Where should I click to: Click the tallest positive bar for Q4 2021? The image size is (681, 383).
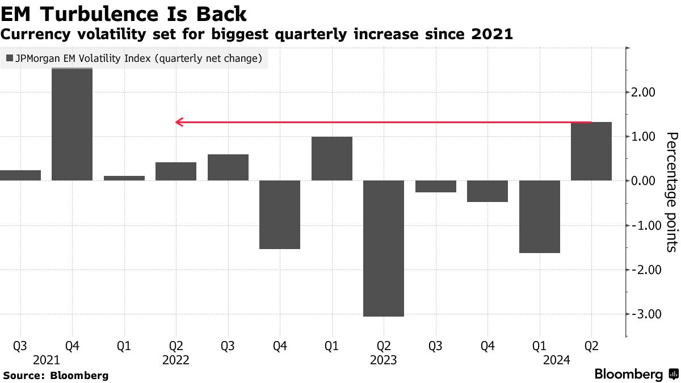pyautogui.click(x=72, y=124)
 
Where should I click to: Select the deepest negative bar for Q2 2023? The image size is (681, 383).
pyautogui.click(x=384, y=249)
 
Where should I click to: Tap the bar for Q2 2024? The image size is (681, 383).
pyautogui.click(x=591, y=151)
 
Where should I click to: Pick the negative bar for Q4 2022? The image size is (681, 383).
pyautogui.click(x=280, y=214)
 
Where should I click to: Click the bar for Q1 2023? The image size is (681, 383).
pyautogui.click(x=332, y=159)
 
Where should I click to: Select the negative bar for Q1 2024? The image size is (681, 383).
pyautogui.click(x=540, y=217)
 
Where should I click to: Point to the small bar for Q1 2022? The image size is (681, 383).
pyautogui.click(x=124, y=178)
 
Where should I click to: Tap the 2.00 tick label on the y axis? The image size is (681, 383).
pyautogui.click(x=643, y=92)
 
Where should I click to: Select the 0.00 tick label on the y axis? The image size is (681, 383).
pyautogui.click(x=643, y=181)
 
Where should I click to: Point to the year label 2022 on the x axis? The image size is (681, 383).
pyautogui.click(x=176, y=360)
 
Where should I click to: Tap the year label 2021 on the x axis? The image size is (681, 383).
pyautogui.click(x=47, y=360)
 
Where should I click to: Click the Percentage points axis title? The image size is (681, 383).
pyautogui.click(x=672, y=192)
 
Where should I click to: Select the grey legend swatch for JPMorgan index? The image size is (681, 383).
pyautogui.click(x=9, y=58)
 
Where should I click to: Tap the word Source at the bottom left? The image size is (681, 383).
pyautogui.click(x=23, y=376)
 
